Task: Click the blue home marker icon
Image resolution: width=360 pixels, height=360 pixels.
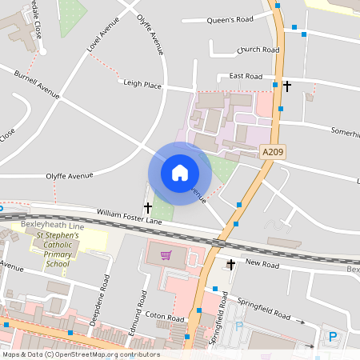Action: [180, 173]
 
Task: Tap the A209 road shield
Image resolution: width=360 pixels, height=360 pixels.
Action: [273, 150]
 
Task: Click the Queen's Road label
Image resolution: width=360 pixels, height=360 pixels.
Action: [229, 19]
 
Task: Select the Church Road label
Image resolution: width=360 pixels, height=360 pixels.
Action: [258, 50]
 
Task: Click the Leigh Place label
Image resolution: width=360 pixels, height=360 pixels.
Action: [142, 83]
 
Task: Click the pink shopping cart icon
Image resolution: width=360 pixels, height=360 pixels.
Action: [166, 256]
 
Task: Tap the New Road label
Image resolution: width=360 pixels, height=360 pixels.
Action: [262, 263]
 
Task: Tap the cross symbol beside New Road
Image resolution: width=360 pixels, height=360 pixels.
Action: [231, 264]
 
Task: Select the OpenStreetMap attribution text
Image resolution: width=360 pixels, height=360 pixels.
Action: [80, 354]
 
